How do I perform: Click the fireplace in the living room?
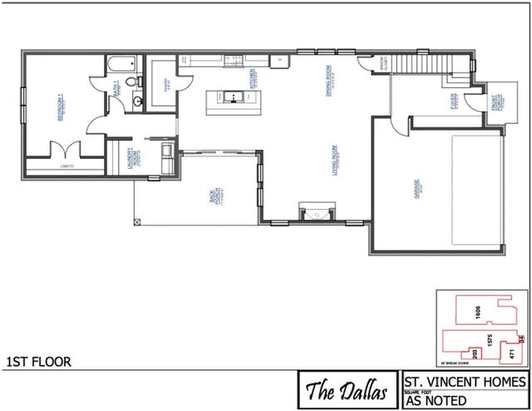315,215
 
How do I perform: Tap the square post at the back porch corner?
136,220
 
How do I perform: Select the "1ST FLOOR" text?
38,362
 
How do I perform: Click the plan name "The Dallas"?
347,389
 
